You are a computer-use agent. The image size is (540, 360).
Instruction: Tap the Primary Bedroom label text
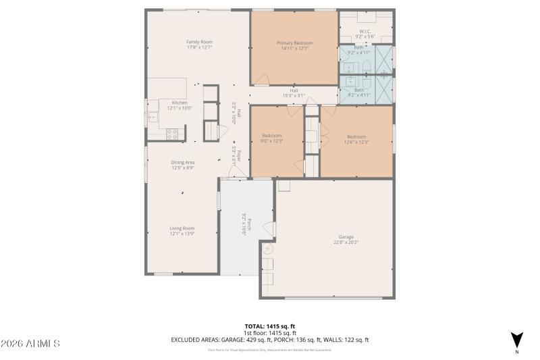(x=294, y=43)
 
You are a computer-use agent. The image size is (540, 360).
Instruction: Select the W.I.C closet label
(x=365, y=31)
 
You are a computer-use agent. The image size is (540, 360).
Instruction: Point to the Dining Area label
(x=182, y=162)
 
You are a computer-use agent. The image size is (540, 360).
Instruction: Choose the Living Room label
(x=182, y=228)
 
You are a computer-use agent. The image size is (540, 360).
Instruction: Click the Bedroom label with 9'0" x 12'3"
(x=271, y=136)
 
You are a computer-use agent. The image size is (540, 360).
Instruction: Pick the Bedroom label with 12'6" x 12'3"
(x=356, y=136)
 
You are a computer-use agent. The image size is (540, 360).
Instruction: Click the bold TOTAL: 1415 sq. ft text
(x=269, y=326)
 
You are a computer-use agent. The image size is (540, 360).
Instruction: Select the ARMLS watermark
(x=30, y=344)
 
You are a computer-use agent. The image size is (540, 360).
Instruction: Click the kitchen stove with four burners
(x=172, y=134)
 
